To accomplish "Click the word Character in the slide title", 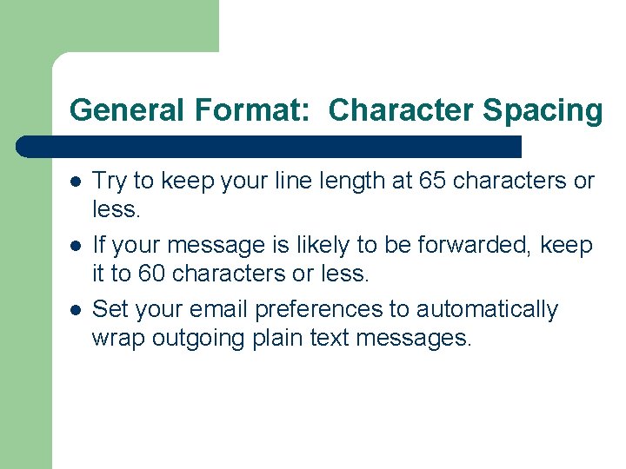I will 402,110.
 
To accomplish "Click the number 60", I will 154,274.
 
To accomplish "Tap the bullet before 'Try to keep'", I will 76,182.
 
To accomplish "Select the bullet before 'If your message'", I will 76,246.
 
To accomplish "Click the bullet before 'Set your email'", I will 76,310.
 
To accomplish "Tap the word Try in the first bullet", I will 108,181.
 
